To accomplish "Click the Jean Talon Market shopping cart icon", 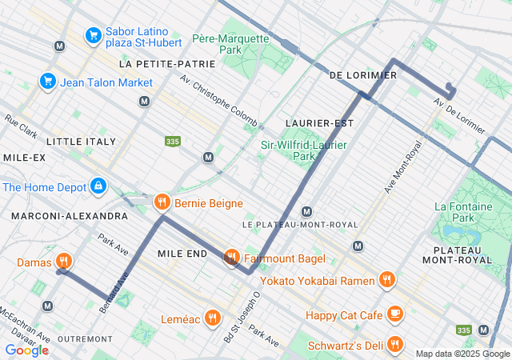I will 46,82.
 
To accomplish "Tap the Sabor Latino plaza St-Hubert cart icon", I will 93,35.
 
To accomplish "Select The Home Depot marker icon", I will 98,187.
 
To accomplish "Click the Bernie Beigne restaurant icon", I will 162,202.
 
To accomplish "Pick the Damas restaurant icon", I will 64,262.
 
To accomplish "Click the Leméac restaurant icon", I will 212,318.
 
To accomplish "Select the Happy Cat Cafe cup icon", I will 394,314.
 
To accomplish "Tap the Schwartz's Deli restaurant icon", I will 394,345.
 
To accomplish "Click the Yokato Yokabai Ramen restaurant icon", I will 387,280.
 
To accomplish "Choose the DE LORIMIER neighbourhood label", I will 362,75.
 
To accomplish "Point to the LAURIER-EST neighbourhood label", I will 319,123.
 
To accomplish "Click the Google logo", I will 26,350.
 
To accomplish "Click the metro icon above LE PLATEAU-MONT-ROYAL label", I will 306,211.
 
